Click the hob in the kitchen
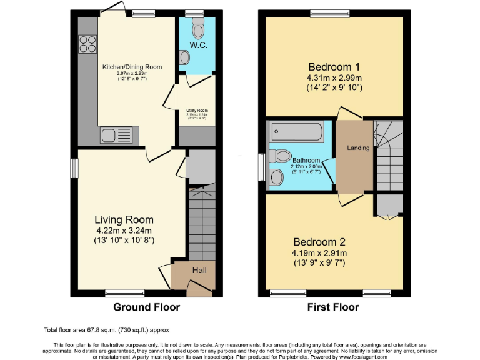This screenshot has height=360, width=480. (87, 43)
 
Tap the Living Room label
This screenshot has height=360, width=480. (124, 219)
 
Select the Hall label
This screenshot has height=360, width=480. (199, 270)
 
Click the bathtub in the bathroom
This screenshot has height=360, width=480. (296, 132)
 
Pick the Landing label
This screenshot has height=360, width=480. (359, 148)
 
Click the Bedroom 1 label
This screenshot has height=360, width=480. (334, 66)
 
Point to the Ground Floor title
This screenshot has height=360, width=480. (146, 307)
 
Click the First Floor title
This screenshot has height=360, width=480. (333, 307)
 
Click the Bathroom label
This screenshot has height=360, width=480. (306, 160)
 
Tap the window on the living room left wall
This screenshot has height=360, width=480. (74, 168)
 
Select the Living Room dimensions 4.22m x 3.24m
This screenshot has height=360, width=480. (124, 230)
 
